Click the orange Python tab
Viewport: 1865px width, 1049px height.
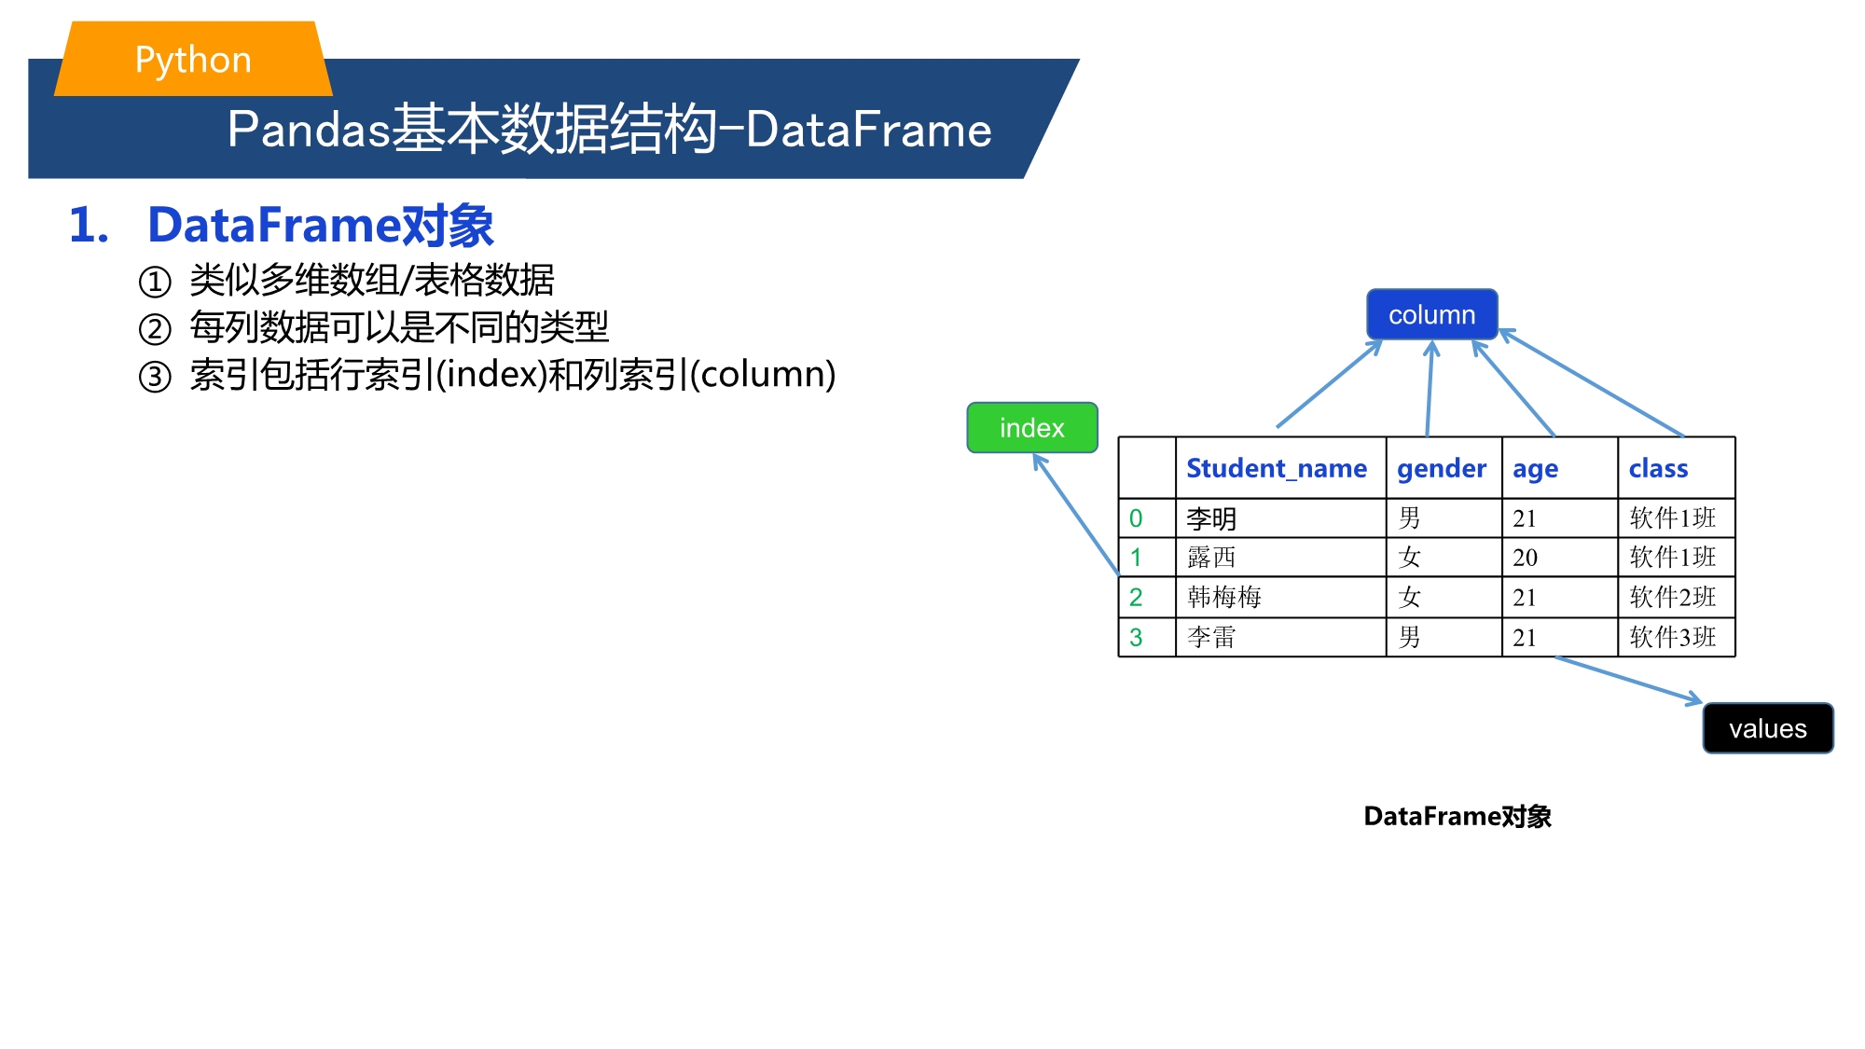tap(193, 59)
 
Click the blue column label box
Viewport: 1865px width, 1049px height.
tap(1431, 314)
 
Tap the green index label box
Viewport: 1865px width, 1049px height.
tap(1032, 428)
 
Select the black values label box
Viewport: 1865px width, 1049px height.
tap(1768, 728)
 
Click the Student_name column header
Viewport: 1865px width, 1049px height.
tap(1277, 468)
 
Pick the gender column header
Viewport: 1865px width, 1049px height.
tap(1442, 469)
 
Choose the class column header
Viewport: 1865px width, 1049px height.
tap(1658, 468)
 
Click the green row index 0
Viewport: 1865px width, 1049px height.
tap(1136, 518)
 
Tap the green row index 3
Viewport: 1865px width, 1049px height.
tap(1136, 638)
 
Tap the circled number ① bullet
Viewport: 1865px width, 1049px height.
tap(155, 282)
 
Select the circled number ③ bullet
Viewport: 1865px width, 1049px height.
tap(155, 377)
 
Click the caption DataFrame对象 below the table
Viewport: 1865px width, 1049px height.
tap(1457, 817)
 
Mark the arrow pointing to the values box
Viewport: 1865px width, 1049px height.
tap(1629, 681)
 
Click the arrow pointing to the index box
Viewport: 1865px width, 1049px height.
tap(1076, 514)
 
